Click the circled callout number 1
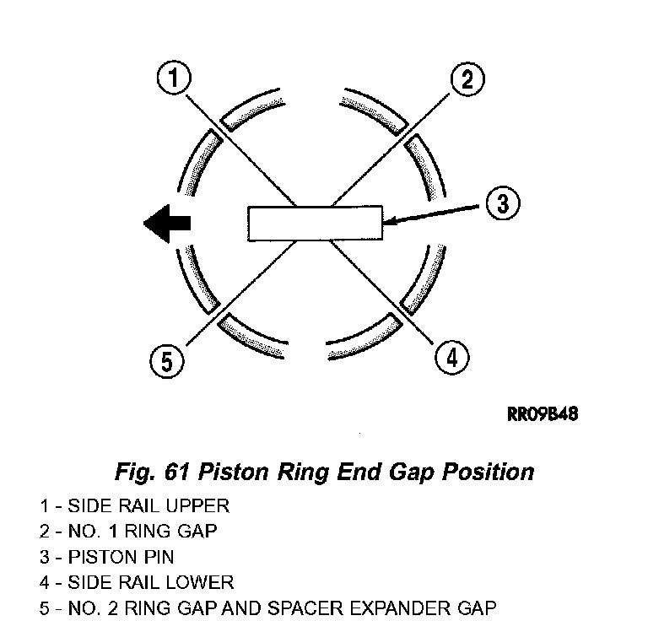(174, 78)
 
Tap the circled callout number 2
(467, 79)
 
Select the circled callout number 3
(503, 203)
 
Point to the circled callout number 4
(452, 358)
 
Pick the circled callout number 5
(166, 361)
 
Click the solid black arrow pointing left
(167, 224)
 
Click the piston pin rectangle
(315, 223)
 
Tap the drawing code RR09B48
(543, 414)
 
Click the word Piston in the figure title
(233, 472)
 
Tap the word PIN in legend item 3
(159, 557)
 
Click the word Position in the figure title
(488, 472)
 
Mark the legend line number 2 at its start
(45, 532)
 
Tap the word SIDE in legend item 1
(90, 506)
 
